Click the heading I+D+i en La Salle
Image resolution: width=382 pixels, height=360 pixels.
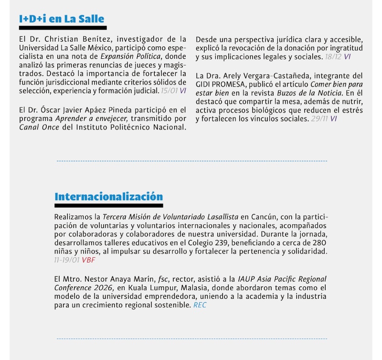point(62,19)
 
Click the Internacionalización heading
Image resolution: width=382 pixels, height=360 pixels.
point(108,196)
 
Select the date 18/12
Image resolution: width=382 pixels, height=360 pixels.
point(333,56)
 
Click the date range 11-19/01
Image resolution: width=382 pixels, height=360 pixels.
point(66,260)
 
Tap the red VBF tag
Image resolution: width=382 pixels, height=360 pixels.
point(88,260)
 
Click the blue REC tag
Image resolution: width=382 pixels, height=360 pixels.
point(200,305)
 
